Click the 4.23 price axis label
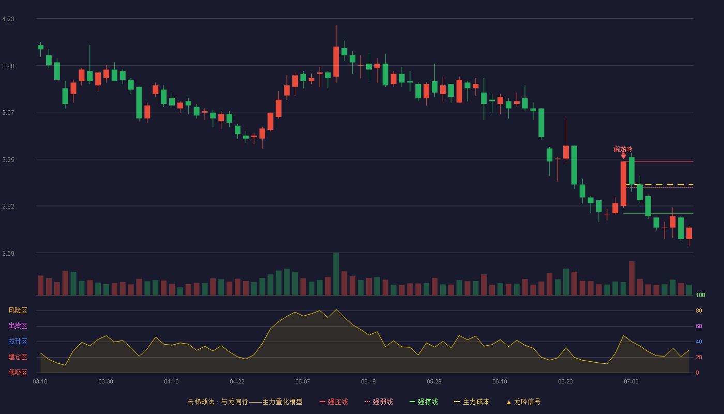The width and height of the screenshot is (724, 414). (x=8, y=19)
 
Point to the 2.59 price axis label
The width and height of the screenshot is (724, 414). (x=8, y=253)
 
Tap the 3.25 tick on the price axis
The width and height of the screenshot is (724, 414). (x=8, y=160)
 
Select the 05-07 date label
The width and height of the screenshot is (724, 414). (x=303, y=382)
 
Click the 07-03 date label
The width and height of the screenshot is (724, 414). (x=631, y=382)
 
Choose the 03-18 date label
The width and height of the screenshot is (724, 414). (x=40, y=382)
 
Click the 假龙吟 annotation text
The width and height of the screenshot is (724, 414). (x=623, y=150)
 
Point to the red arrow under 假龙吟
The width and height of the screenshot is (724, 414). (x=623, y=156)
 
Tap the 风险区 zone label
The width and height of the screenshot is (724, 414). (x=18, y=310)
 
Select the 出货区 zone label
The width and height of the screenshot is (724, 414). (x=18, y=326)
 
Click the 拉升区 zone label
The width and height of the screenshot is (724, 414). (x=18, y=341)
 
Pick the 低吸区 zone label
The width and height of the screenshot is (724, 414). (x=18, y=372)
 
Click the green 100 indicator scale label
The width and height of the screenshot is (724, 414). (x=700, y=295)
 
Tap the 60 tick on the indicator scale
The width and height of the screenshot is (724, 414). (x=699, y=326)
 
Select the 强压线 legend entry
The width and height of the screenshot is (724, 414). (x=334, y=402)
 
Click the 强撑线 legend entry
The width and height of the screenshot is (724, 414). (x=424, y=402)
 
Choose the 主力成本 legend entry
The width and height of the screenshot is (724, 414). (x=472, y=402)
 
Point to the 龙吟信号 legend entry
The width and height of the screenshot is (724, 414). (x=523, y=402)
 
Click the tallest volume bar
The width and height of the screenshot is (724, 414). (x=336, y=274)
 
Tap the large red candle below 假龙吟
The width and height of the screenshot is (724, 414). (x=624, y=184)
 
